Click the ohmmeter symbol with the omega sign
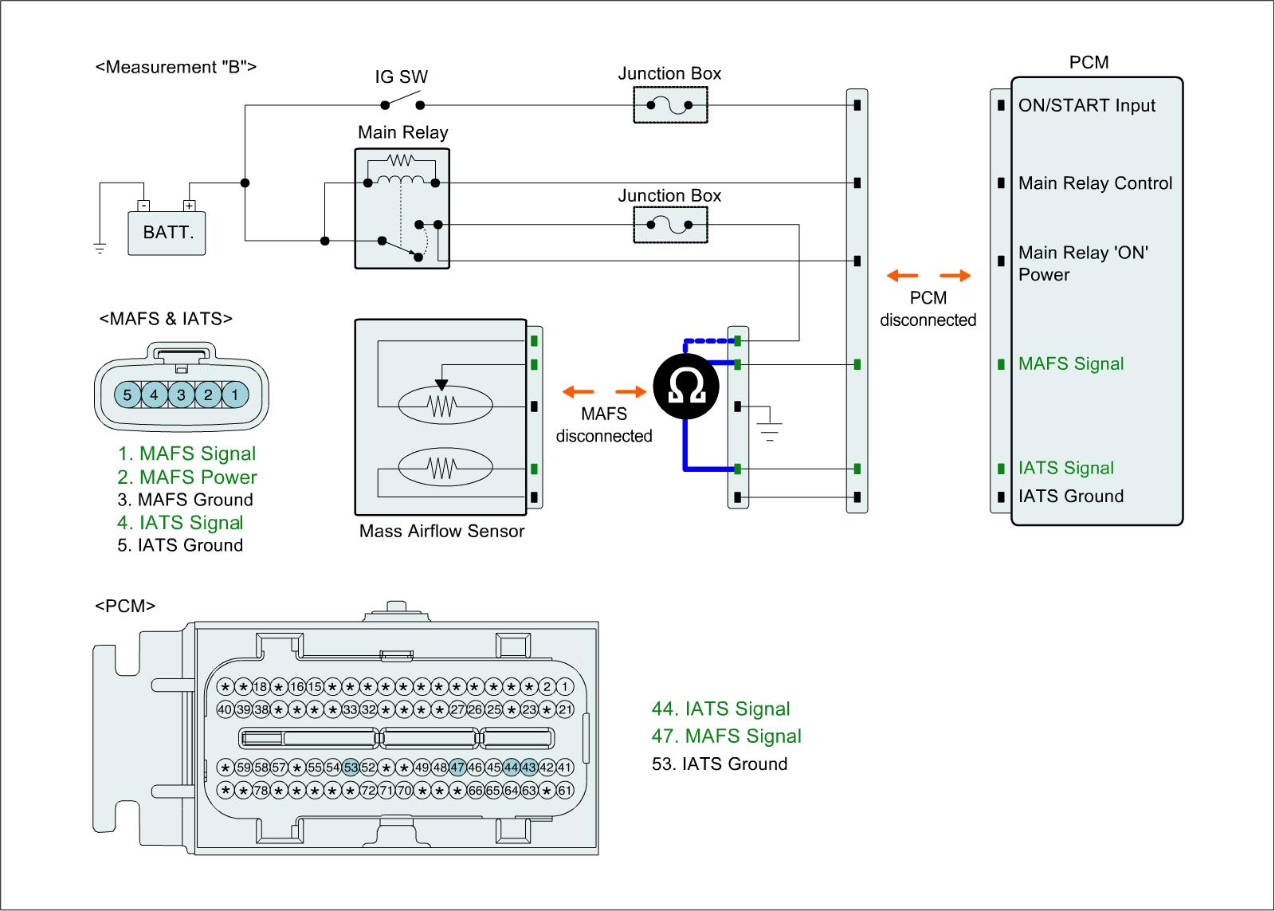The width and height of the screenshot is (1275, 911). coord(684,386)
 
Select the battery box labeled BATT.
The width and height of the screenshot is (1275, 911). coord(167,233)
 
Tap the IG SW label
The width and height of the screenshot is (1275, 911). coord(402,77)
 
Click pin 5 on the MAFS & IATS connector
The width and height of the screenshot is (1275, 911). coord(127,395)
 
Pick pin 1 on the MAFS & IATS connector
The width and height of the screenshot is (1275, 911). coord(235,395)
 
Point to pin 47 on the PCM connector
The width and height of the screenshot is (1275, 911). coord(457,768)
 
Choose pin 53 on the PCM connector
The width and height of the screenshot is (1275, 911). coord(351,768)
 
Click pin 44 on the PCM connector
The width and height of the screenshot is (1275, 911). coord(511,768)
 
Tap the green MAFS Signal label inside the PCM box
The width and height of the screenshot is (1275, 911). coord(1071,364)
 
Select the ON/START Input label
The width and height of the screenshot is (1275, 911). coord(1086,106)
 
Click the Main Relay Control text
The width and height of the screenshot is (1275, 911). coord(1095,183)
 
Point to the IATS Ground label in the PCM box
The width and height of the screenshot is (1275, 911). coord(1071,497)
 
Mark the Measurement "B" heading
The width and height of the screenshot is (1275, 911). coord(176,67)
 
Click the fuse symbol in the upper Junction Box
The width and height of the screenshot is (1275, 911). coord(670,105)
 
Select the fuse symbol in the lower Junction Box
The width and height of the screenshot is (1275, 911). coord(670,226)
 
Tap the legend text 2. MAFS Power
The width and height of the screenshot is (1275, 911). coord(187,477)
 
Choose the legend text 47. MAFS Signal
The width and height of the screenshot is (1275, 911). coord(727,736)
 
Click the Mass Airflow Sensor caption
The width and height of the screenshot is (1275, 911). coord(441,532)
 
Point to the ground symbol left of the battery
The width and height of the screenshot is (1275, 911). coord(100,248)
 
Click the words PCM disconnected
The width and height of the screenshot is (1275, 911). coord(928,309)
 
